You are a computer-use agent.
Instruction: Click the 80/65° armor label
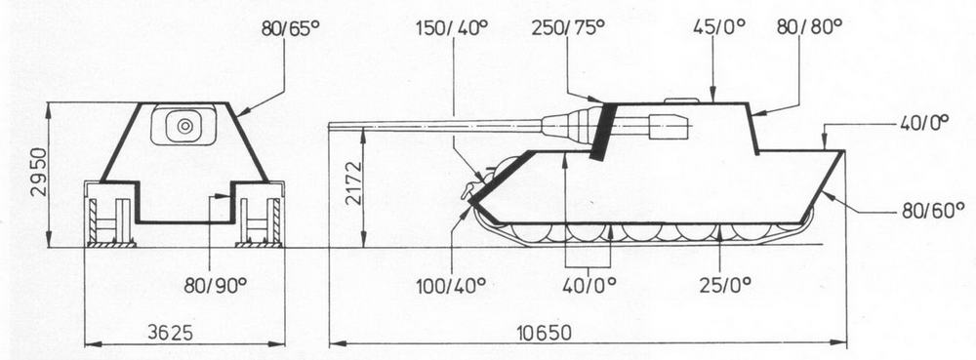(x=285, y=29)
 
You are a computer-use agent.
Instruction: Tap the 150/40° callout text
(x=452, y=28)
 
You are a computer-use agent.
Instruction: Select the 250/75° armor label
(x=568, y=28)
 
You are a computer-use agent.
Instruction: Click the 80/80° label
(x=809, y=27)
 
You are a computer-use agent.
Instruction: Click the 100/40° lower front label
(x=452, y=286)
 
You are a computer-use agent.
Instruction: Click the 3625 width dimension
(x=170, y=333)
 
